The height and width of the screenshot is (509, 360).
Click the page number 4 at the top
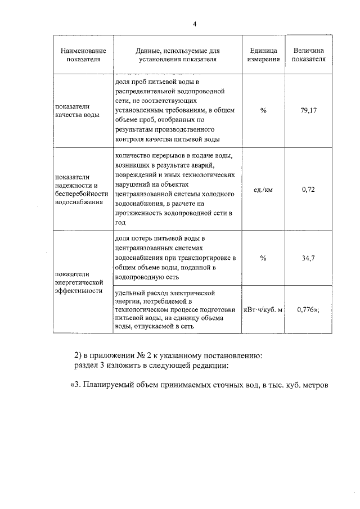195,24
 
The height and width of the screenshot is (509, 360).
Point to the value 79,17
309,111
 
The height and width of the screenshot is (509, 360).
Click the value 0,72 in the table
308,190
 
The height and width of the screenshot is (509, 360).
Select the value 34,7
308,258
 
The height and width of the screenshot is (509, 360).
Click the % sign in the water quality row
263,111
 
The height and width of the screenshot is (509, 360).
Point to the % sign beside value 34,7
263,258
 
